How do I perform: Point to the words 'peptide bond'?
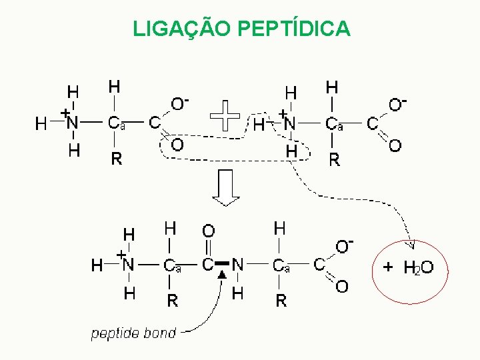point(133,333)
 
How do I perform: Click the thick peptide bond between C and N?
point(222,264)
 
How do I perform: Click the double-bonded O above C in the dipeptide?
point(208,231)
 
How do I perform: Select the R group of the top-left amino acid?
point(117,159)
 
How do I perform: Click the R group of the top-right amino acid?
point(335,159)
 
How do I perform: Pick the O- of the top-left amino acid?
point(180,104)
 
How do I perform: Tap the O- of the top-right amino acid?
point(398,104)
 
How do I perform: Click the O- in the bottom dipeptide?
point(344,247)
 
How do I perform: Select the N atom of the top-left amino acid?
point(72,123)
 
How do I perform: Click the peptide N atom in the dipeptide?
point(237,265)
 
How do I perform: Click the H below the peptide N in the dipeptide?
point(238,293)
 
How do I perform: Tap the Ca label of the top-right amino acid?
point(334,123)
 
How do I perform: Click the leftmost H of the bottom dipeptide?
point(97,265)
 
